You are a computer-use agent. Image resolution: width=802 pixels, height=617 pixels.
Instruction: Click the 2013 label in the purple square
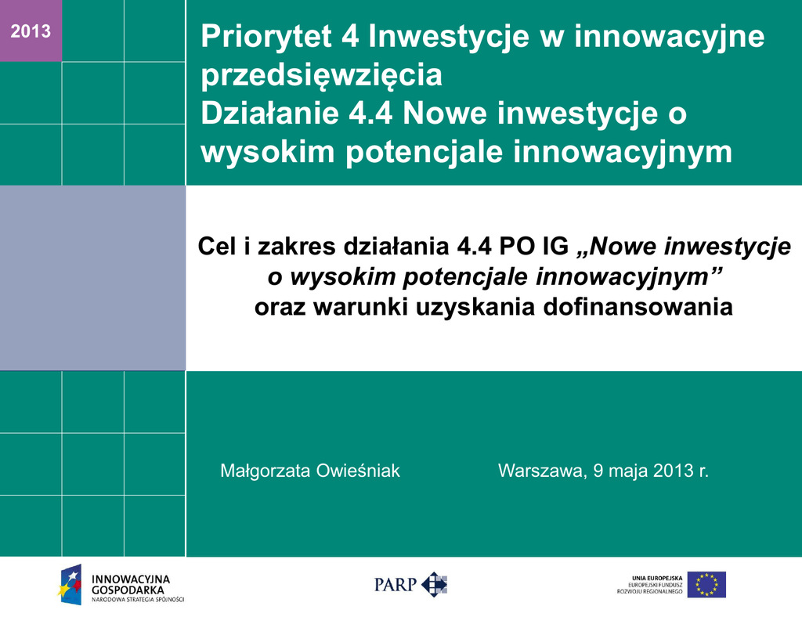31,31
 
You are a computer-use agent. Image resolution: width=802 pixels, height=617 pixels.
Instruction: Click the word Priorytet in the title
266,37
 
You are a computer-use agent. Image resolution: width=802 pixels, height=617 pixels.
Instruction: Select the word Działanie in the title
269,113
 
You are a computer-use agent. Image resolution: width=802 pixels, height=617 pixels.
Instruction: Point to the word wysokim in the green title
268,152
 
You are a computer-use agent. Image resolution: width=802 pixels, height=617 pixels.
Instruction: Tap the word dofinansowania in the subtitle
638,307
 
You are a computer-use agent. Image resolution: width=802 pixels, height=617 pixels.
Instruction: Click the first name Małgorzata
266,471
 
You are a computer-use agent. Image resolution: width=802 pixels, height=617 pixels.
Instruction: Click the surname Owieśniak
357,471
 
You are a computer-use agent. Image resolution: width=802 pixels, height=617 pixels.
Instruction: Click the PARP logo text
396,584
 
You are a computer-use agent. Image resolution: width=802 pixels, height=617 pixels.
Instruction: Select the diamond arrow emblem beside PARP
434,584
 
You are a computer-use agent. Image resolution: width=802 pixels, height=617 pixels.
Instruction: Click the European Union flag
706,584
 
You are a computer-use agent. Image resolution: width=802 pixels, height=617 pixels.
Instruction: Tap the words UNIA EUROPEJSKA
657,578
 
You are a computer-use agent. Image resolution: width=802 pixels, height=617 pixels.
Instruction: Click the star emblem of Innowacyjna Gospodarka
70,584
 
